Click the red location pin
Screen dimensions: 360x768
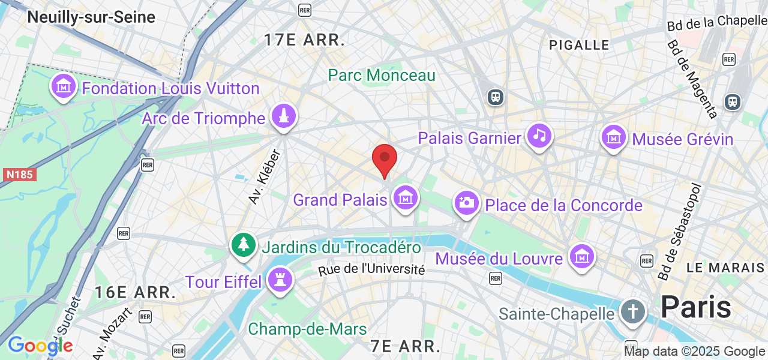tap(385, 159)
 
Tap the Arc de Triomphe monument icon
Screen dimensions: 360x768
tap(283, 116)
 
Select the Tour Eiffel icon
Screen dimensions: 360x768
tap(280, 280)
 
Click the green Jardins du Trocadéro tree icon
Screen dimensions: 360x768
tap(243, 245)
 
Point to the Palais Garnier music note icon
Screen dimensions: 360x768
tap(539, 136)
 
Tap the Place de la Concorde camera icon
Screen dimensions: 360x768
tap(466, 203)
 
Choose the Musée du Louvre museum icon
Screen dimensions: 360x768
tap(581, 256)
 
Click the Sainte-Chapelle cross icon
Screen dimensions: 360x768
tap(632, 311)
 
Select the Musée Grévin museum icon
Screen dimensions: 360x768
tap(614, 137)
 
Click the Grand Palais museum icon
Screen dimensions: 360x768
tap(405, 197)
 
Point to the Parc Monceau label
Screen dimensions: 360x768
tap(382, 76)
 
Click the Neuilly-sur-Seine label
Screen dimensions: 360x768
tap(91, 17)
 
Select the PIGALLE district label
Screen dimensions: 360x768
tap(579, 45)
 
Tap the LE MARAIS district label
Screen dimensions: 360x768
tap(725, 268)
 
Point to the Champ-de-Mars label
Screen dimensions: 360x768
tap(307, 329)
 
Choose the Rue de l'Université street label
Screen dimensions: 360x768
tap(371, 269)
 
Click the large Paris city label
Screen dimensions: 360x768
tap(695, 307)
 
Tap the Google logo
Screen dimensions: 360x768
tap(40, 345)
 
